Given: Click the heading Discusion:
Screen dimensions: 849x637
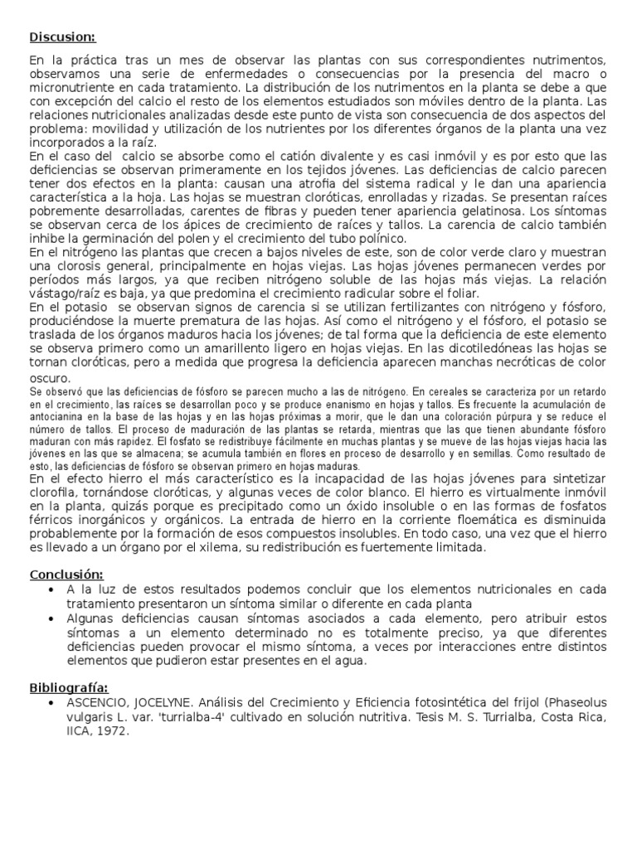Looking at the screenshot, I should click(63, 36).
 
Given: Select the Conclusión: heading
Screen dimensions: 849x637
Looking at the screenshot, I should click(66, 574).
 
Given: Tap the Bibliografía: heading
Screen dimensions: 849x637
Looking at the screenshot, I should click(69, 687).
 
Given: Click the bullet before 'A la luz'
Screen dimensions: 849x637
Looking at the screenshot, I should click(52, 589).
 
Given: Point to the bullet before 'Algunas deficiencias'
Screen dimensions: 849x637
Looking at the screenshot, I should click(52, 619).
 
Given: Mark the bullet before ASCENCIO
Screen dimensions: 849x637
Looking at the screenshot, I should click(52, 703).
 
